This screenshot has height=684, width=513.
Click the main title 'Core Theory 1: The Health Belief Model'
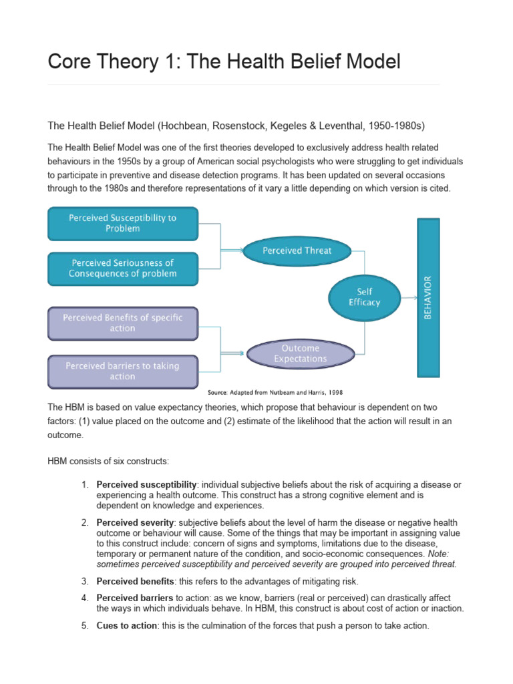click(224, 62)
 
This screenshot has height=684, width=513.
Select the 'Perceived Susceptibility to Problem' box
click(123, 223)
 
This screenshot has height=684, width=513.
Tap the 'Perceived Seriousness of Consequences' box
click(123, 268)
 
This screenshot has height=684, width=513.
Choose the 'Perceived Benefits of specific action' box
click(123, 323)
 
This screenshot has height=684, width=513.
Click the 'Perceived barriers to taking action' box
click(123, 371)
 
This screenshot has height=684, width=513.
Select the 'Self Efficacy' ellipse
click(364, 297)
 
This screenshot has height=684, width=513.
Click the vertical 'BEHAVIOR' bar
click(428, 297)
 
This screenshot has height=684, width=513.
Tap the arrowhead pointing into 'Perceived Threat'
click(238, 251)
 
